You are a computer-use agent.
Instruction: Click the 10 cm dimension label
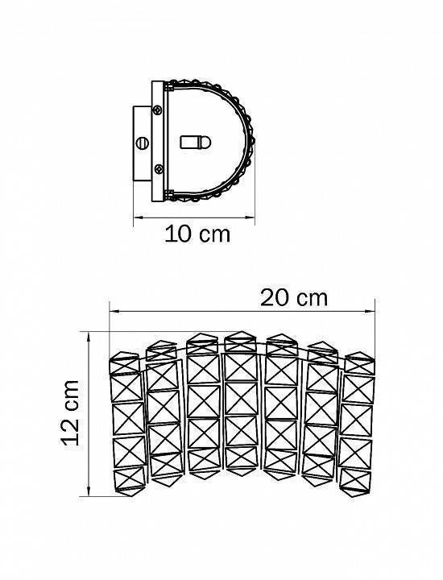click(x=197, y=234)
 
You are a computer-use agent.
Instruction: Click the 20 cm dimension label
click(x=294, y=298)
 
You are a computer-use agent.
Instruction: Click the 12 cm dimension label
click(x=70, y=412)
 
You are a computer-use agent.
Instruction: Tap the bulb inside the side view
click(x=195, y=142)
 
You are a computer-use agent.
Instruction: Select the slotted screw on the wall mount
click(x=143, y=143)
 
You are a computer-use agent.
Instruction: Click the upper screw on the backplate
click(x=158, y=110)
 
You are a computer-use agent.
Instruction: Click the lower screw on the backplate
click(x=158, y=169)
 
